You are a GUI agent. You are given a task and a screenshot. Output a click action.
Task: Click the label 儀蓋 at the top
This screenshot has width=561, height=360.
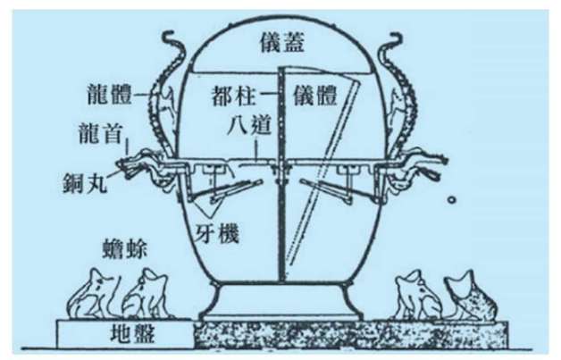[282, 44]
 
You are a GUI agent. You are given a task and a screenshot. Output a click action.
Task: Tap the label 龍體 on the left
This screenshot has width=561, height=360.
[110, 95]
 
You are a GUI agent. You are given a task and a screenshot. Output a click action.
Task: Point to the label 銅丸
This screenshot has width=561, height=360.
[85, 182]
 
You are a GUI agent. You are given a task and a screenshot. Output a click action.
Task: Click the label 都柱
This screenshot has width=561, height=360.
[233, 96]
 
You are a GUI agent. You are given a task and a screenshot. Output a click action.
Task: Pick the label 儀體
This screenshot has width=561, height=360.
[314, 96]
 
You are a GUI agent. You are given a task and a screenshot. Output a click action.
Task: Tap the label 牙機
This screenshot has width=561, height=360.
[217, 234]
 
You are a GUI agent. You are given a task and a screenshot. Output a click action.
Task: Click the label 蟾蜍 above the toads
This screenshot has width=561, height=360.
[124, 249]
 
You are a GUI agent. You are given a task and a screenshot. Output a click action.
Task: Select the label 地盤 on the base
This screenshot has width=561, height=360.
[132, 333]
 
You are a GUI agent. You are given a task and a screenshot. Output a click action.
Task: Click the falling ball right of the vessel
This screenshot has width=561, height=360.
[452, 200]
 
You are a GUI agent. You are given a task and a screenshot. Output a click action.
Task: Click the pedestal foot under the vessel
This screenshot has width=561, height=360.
[280, 301]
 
